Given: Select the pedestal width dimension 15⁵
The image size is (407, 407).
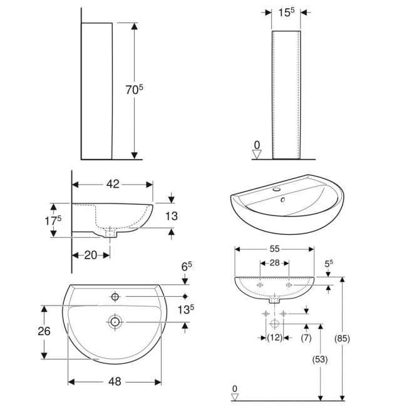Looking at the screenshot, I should tap(286, 12).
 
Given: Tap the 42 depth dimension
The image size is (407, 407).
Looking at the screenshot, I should tap(113, 184).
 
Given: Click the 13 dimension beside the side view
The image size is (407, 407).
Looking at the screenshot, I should tap(172, 217).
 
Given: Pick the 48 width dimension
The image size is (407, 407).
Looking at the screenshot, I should tap(115, 381).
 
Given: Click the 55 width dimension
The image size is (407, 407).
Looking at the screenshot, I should tap(274, 249).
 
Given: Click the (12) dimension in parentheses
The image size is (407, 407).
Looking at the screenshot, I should tap(274, 338).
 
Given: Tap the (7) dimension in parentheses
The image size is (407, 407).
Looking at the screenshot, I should tap(305, 338).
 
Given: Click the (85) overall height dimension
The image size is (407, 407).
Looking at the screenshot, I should tap(342, 338).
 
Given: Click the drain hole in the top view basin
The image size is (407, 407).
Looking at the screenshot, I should tap(115, 322).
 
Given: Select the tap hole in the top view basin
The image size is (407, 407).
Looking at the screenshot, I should tap(115, 296).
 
